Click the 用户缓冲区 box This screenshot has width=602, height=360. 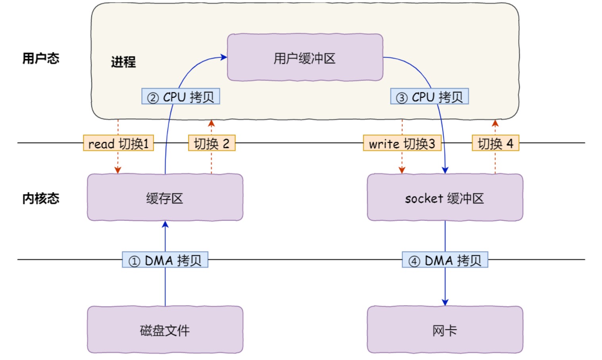(305, 57)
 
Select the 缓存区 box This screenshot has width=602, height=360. (165, 197)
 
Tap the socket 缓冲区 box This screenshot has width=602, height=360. (445, 197)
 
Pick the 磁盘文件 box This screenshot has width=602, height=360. (165, 329)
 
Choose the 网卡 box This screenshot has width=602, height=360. (445, 329)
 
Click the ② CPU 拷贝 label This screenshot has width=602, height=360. (181, 96)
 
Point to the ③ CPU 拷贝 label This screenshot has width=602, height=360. (429, 96)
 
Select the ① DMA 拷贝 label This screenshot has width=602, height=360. (165, 260)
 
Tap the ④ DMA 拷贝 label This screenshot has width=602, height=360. (445, 260)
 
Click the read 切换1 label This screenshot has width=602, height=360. (119, 143)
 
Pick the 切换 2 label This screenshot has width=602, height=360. (212, 143)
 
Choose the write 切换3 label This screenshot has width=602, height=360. (402, 143)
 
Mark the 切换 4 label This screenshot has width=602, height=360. (496, 143)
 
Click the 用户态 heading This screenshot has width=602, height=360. (41, 58)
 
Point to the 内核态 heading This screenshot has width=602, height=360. (41, 198)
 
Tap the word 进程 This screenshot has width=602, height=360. (123, 62)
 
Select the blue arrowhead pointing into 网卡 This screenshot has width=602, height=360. (445, 302)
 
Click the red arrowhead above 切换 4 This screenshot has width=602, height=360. (495, 123)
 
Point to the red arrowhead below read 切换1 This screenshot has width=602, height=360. (118, 170)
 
